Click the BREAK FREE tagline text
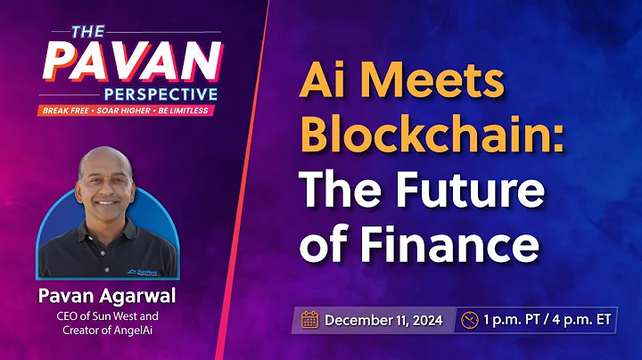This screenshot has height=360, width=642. point(66,111)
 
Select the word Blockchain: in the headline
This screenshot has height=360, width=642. point(430,135)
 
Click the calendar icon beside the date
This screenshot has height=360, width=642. point(310,318)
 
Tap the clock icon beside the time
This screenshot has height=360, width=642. point(470,318)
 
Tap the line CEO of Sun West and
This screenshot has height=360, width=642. point(108,315)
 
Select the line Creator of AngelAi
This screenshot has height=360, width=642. point(108,331)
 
